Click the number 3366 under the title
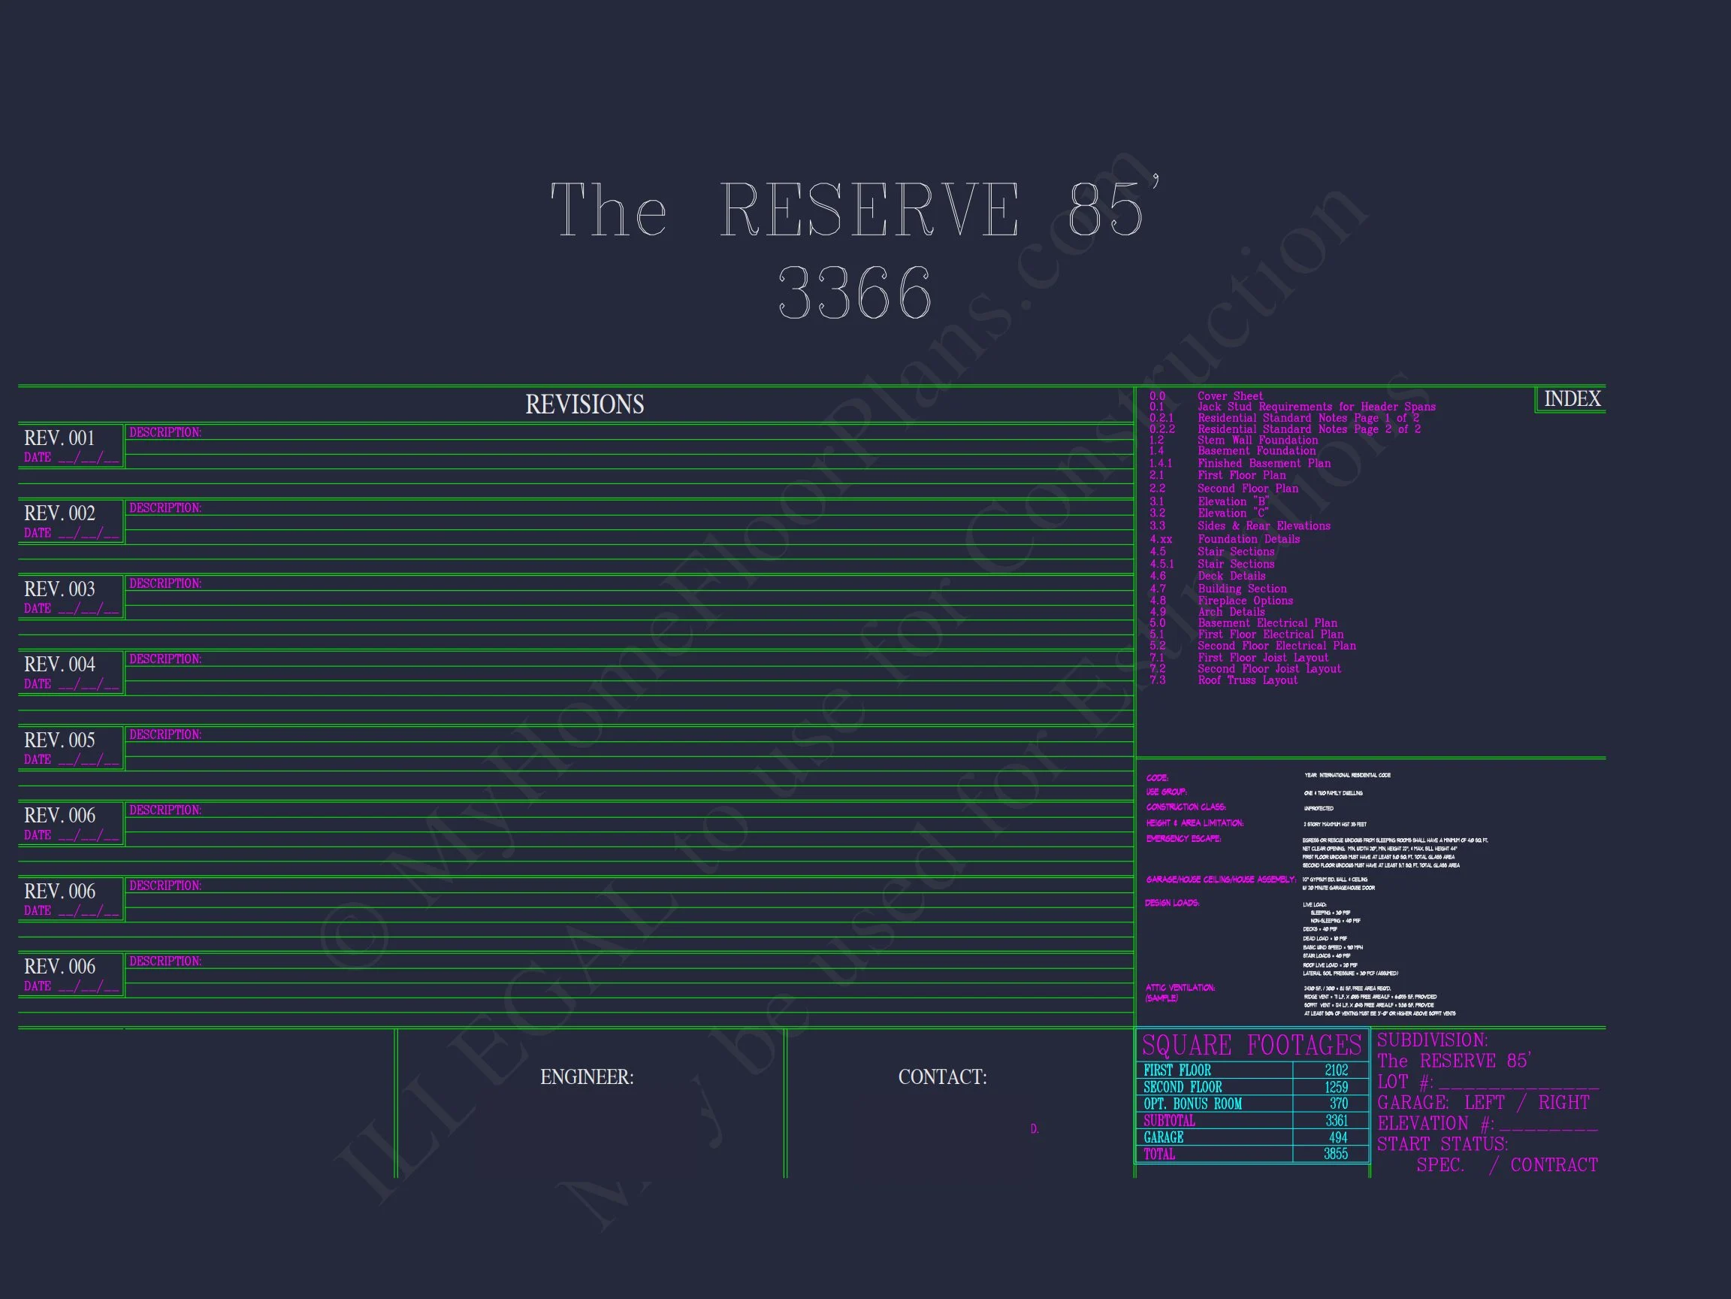(x=854, y=292)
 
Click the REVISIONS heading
(x=585, y=405)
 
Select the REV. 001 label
(x=59, y=438)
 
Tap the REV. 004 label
(x=59, y=664)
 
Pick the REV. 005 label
(x=59, y=740)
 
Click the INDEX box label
(x=1572, y=399)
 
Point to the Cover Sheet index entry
(x=1230, y=396)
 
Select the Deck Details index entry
(x=1231, y=576)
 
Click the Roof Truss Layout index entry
(x=1247, y=680)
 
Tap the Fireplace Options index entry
(x=1245, y=601)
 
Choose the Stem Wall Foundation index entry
(x=1258, y=440)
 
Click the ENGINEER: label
(x=587, y=1077)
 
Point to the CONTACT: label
(x=942, y=1077)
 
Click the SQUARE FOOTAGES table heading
(x=1252, y=1046)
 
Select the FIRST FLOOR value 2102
(x=1336, y=1070)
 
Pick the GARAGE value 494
(x=1337, y=1137)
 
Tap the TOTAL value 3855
(x=1335, y=1154)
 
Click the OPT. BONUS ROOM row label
(x=1192, y=1104)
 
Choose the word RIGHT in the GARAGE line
(x=1563, y=1103)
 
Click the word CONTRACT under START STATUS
(x=1554, y=1165)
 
